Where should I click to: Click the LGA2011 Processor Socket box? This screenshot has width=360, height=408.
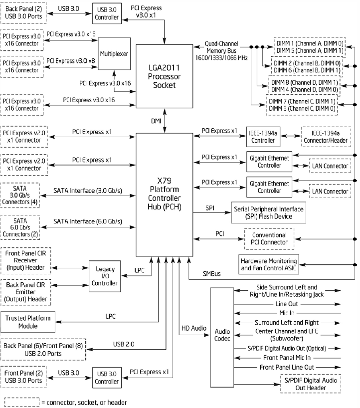point(164,75)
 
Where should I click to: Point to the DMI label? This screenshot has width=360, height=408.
point(156,121)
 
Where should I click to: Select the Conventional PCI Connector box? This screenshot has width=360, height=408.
point(269,238)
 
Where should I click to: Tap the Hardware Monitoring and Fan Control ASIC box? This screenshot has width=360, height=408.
point(269,264)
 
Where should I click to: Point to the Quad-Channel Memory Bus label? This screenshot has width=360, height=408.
point(221,50)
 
